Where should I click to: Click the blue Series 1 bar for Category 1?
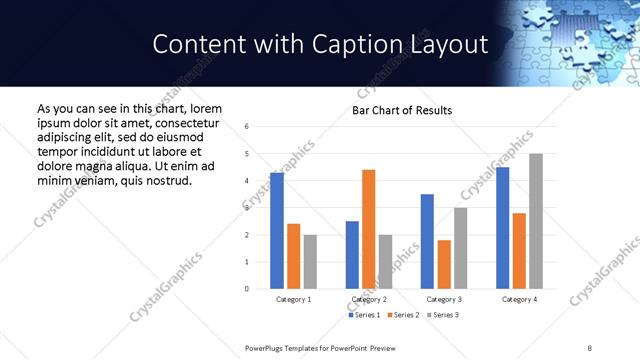point(277,231)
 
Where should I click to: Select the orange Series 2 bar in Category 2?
point(369,229)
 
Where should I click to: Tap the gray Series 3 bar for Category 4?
point(536,221)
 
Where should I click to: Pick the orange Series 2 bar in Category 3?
point(444,264)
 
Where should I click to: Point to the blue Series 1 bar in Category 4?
point(503,228)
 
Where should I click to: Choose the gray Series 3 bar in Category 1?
point(310,262)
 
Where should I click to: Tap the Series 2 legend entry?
point(403,315)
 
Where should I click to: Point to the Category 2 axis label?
point(369,299)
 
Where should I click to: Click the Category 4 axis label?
point(519,299)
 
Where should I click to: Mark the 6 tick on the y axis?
point(247,127)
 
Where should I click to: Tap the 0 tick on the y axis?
point(247,289)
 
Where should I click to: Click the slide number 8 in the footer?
point(590,346)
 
